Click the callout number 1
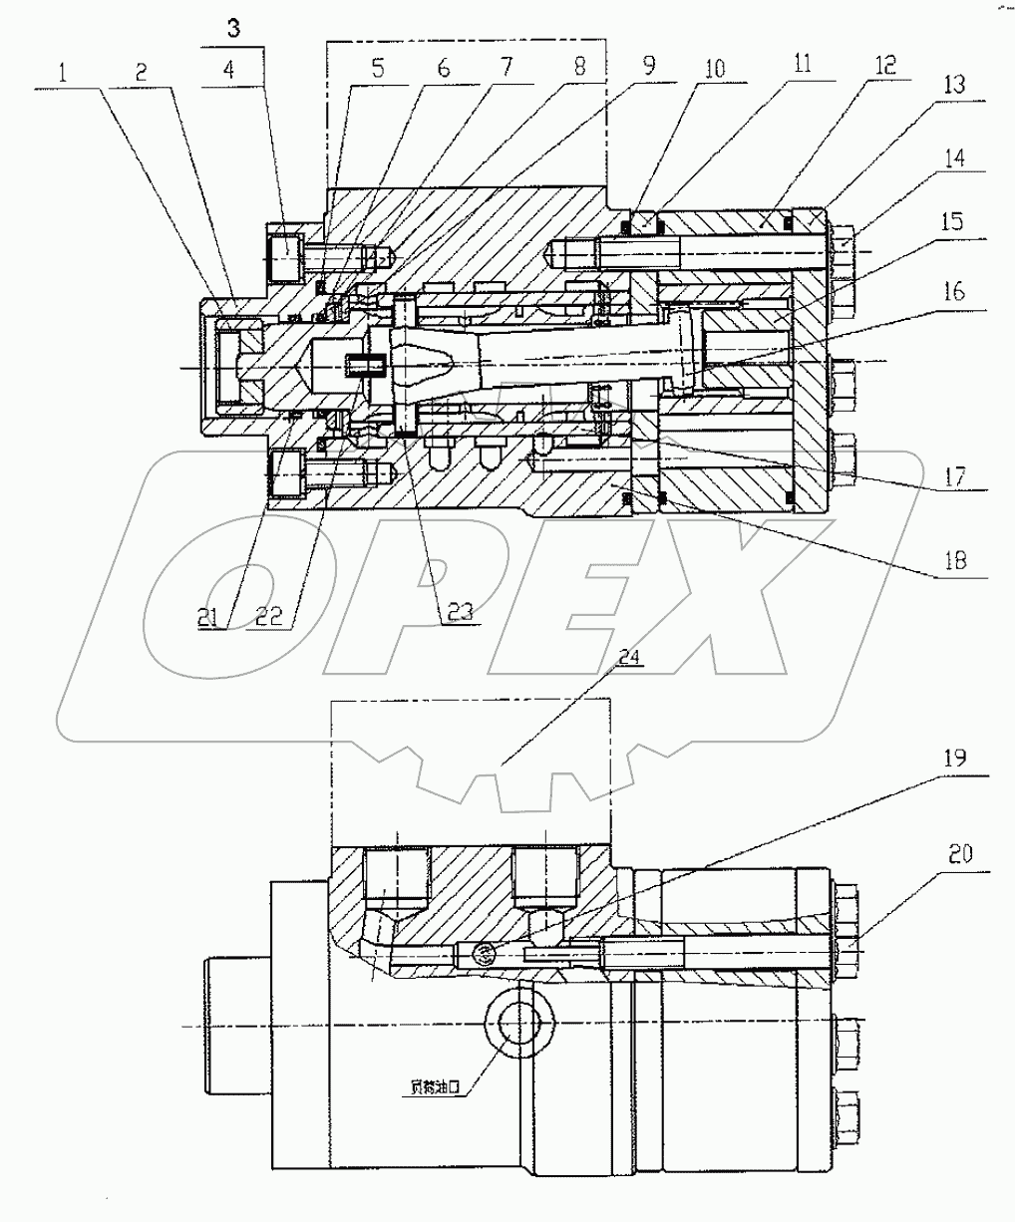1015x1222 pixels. click(62, 72)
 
